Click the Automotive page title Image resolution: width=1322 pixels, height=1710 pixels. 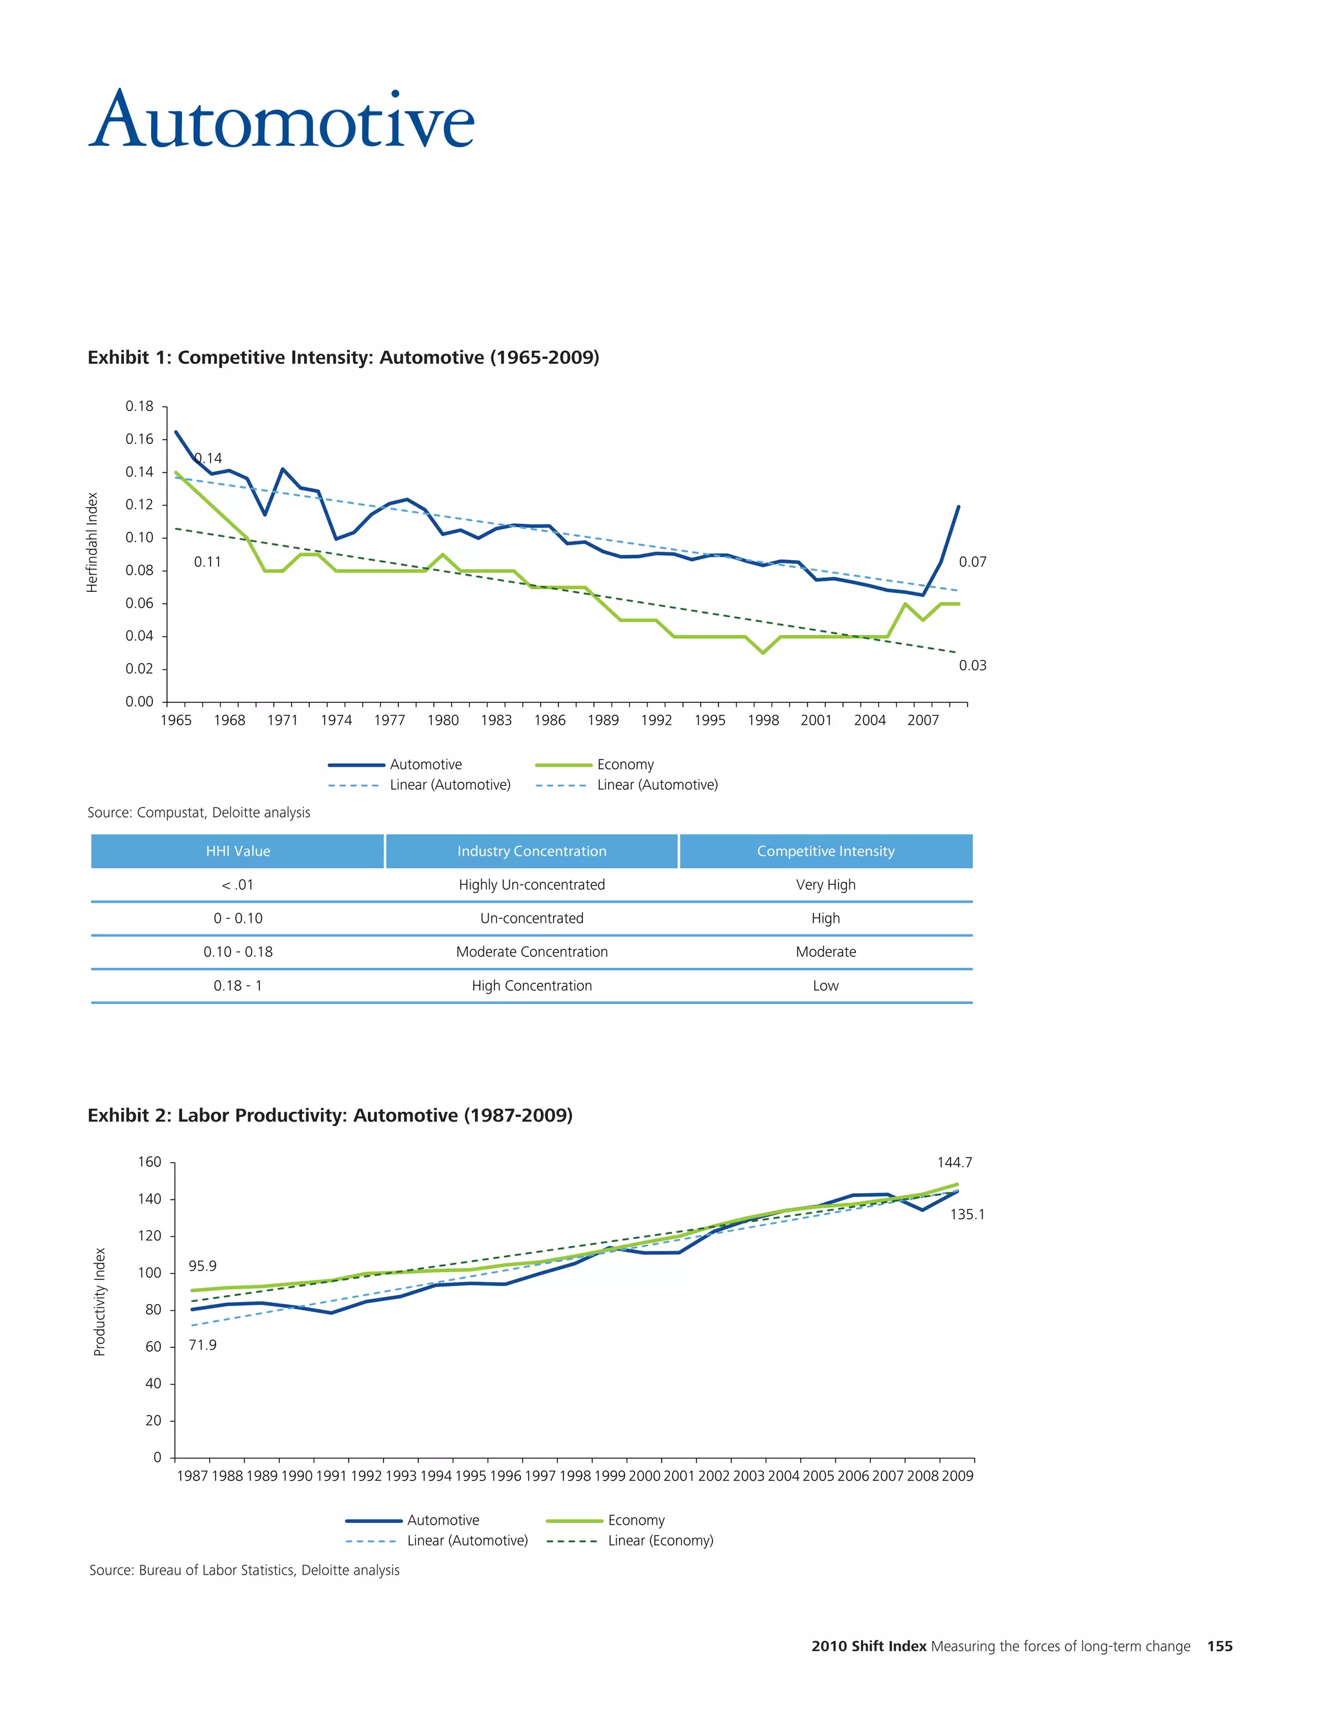pyautogui.click(x=282, y=121)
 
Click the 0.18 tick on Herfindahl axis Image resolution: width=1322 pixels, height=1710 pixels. pyautogui.click(x=139, y=406)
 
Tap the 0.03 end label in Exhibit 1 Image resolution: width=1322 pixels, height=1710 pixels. pyautogui.click(x=973, y=665)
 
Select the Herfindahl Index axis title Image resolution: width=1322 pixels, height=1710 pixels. pyautogui.click(x=92, y=542)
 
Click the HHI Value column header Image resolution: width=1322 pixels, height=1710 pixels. pyautogui.click(x=238, y=851)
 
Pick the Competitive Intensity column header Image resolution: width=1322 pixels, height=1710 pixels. pyautogui.click(x=826, y=851)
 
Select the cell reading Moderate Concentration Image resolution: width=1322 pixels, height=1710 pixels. pyautogui.click(x=532, y=952)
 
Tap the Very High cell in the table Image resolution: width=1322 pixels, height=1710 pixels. pyautogui.click(x=826, y=885)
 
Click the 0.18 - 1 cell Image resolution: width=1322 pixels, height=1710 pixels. pyautogui.click(x=238, y=986)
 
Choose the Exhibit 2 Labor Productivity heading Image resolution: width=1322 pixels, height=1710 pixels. pyautogui.click(x=330, y=1115)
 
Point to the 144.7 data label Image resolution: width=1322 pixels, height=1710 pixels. pyautogui.click(x=954, y=1163)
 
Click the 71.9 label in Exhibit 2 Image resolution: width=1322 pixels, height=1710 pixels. pyautogui.click(x=202, y=1345)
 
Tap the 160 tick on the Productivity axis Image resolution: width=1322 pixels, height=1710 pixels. pyautogui.click(x=150, y=1162)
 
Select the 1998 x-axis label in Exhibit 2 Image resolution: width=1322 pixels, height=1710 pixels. pyautogui.click(x=575, y=1476)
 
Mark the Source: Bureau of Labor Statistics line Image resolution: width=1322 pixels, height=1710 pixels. pyautogui.click(x=245, y=1570)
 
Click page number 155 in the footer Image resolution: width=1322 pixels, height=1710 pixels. pyautogui.click(x=1219, y=1646)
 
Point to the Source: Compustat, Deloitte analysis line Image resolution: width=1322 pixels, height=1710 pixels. pyautogui.click(x=199, y=812)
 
